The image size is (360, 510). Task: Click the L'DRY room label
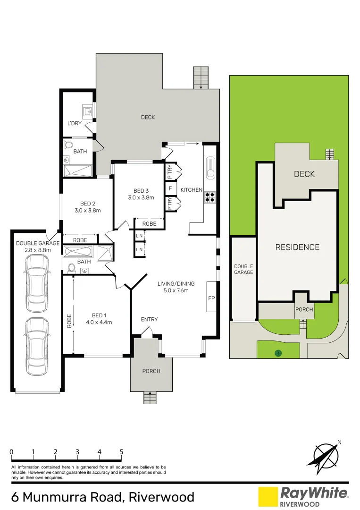74,124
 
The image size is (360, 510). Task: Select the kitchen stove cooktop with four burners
209,197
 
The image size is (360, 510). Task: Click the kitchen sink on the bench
210,168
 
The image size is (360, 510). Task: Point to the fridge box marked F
170,188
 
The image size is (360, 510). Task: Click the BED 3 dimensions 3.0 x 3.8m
141,197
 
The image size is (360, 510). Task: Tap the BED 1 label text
99,315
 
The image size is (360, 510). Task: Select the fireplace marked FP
211,297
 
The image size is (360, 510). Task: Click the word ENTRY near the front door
150,319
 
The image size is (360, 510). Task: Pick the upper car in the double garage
38,283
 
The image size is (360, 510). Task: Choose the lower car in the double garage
38,346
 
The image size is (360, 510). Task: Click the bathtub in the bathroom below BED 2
78,252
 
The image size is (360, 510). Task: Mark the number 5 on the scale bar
122,452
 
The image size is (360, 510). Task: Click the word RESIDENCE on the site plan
297,247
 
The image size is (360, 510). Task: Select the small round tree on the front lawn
278,352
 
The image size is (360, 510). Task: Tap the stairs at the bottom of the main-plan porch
150,398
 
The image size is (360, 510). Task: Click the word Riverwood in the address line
161,497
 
